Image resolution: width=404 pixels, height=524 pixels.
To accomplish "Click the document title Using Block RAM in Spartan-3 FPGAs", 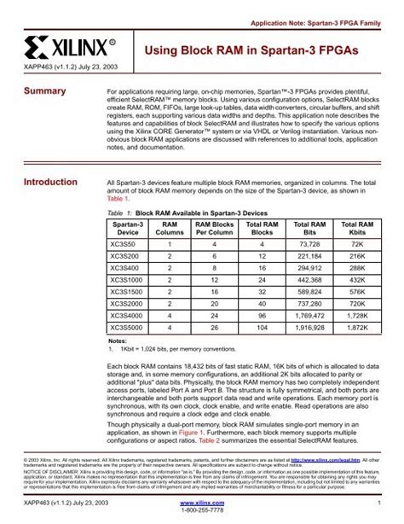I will [x=247, y=51].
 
